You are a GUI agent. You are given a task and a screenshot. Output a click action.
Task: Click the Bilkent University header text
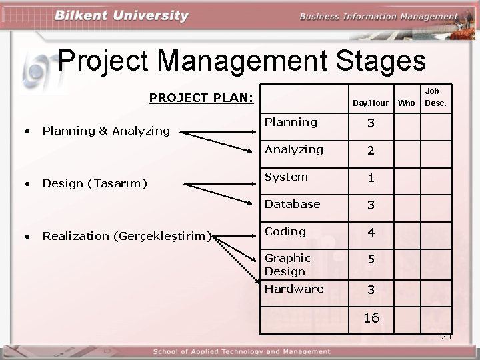[122, 16]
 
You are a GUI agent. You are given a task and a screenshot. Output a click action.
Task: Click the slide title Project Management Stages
[241, 61]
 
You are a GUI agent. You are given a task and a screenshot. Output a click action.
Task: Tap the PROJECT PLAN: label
[201, 98]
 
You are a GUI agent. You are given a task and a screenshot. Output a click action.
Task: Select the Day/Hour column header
[370, 103]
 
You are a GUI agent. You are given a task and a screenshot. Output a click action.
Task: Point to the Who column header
[406, 103]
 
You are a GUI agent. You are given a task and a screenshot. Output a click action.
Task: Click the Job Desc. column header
[435, 97]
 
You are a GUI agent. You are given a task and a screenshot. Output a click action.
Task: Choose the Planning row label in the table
[291, 122]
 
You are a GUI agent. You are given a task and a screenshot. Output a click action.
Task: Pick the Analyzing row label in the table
[293, 149]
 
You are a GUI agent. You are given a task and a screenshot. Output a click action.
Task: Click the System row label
[286, 177]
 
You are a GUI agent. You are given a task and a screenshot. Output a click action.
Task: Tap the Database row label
[292, 204]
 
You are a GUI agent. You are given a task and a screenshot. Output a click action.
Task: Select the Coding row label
[285, 231]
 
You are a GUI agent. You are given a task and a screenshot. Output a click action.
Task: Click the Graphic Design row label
[287, 265]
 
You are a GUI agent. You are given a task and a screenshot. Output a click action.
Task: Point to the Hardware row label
[293, 289]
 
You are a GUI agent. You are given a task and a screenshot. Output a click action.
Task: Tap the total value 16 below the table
[371, 318]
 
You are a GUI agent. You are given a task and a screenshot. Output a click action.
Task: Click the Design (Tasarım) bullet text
[95, 183]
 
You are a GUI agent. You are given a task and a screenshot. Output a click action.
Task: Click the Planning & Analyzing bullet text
[106, 131]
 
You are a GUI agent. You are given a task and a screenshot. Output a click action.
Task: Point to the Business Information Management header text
[378, 17]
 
